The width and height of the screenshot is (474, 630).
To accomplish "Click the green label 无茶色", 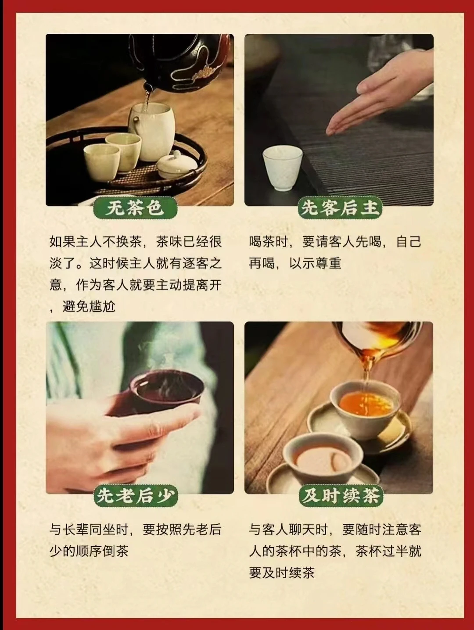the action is point(135,208).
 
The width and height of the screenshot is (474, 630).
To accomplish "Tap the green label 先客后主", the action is point(340,208).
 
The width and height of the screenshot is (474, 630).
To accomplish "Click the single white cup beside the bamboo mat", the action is point(282,168).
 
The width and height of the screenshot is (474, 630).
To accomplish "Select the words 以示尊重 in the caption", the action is point(315,264).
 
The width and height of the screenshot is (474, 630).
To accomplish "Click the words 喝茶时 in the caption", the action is point(269,242).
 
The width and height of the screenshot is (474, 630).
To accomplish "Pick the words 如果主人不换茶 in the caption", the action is point(95,242).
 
